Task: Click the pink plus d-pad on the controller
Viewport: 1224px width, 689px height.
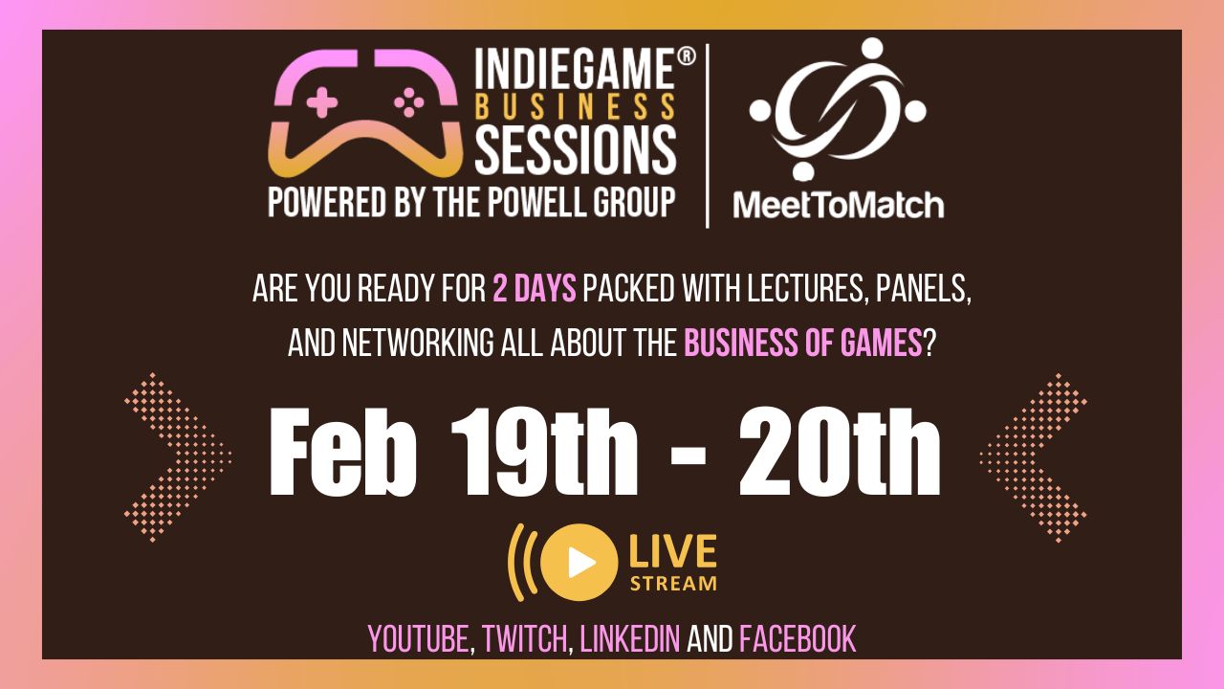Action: click(x=322, y=101)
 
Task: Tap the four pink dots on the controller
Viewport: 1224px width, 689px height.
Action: click(x=408, y=101)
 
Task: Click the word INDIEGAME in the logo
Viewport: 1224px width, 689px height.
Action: click(x=574, y=70)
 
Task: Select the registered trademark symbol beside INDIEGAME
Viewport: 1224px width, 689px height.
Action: click(x=687, y=56)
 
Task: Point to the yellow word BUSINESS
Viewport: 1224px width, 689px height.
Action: click(x=576, y=106)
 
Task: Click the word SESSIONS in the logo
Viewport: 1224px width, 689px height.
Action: click(x=576, y=149)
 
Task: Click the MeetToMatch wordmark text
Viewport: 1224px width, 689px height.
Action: click(x=839, y=206)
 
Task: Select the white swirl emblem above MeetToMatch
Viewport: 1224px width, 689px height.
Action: click(x=838, y=108)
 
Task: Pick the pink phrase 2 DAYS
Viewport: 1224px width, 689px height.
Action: click(x=534, y=289)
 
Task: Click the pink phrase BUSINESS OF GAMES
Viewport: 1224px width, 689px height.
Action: click(x=803, y=344)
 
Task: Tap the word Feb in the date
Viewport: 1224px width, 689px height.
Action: click(x=343, y=453)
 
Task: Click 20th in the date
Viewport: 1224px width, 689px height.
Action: click(x=840, y=453)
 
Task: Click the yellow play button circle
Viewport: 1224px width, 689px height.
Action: click(x=579, y=562)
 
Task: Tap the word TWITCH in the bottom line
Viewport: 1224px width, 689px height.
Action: click(x=524, y=638)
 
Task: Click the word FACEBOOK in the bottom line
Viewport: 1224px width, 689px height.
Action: click(x=798, y=638)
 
